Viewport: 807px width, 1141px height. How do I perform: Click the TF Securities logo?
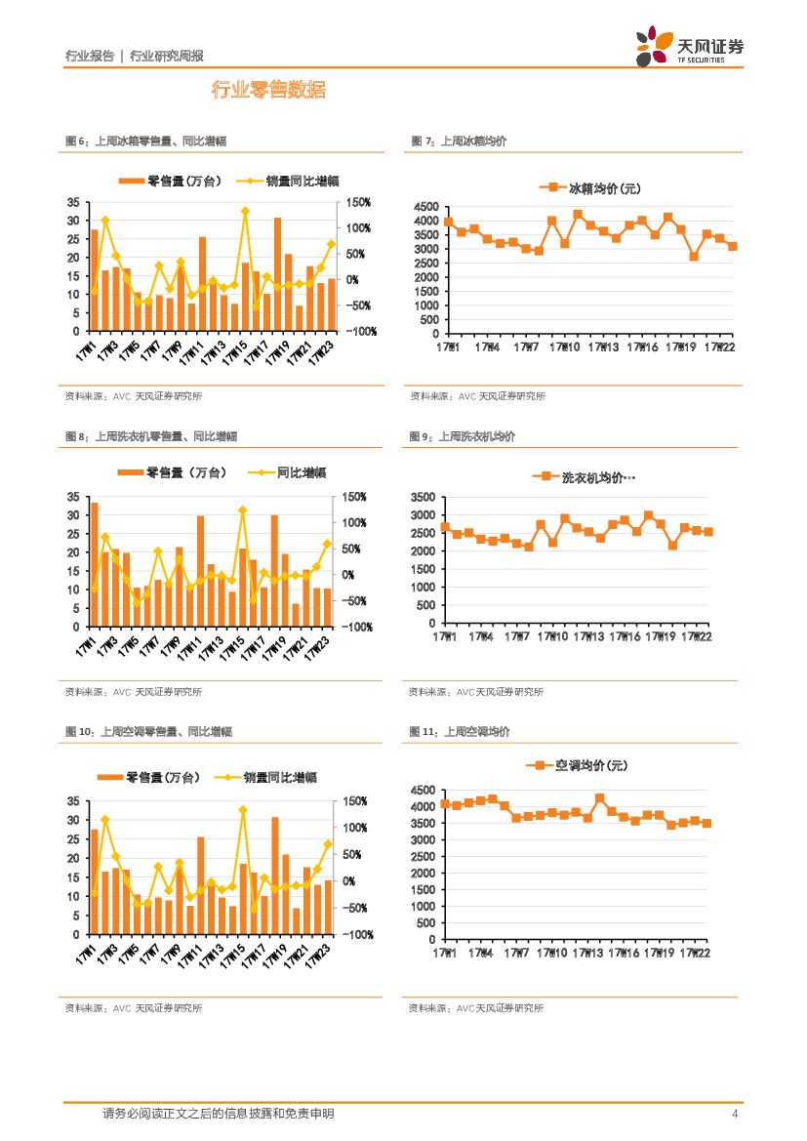(x=689, y=47)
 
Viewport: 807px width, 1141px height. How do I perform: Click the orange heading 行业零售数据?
(x=268, y=91)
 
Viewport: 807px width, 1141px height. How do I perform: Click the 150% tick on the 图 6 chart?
(x=353, y=202)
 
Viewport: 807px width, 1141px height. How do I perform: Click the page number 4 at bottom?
(x=735, y=1114)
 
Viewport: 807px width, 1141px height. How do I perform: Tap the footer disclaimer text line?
(x=219, y=1114)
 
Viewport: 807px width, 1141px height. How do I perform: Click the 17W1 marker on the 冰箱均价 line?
(x=448, y=222)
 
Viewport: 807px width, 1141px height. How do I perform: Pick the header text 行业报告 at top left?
(x=89, y=56)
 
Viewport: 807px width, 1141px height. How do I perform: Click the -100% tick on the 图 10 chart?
(x=353, y=934)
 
